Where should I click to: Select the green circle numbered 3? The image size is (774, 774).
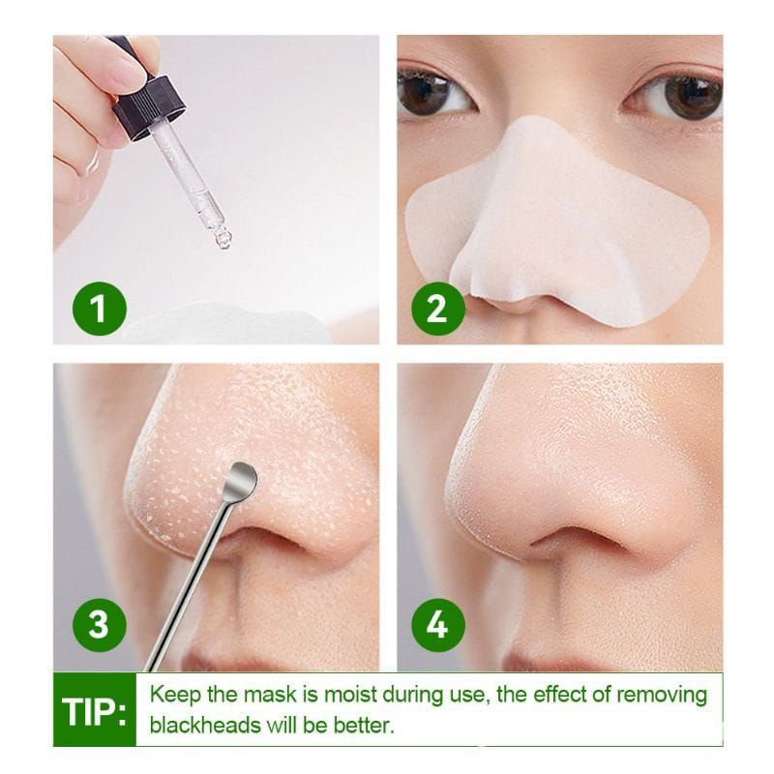[97, 624]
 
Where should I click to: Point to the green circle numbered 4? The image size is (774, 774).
[437, 624]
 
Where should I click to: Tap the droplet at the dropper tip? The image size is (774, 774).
[223, 238]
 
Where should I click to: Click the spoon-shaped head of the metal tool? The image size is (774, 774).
[239, 477]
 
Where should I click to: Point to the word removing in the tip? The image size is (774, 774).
[658, 695]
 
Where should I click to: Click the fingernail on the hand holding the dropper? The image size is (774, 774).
[127, 70]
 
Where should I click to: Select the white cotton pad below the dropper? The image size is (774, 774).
[223, 324]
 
